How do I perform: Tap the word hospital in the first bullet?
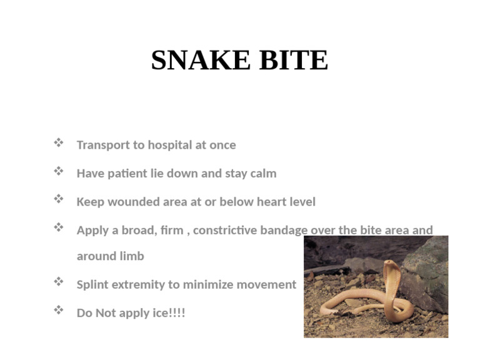click(x=169, y=145)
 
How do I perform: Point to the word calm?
click(x=263, y=174)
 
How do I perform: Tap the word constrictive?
click(x=225, y=230)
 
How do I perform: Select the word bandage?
click(x=283, y=230)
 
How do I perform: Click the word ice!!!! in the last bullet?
click(x=169, y=312)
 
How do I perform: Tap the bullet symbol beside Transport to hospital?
click(x=59, y=143)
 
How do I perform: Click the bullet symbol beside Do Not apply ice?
click(x=59, y=310)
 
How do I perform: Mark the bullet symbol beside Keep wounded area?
click(x=59, y=199)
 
